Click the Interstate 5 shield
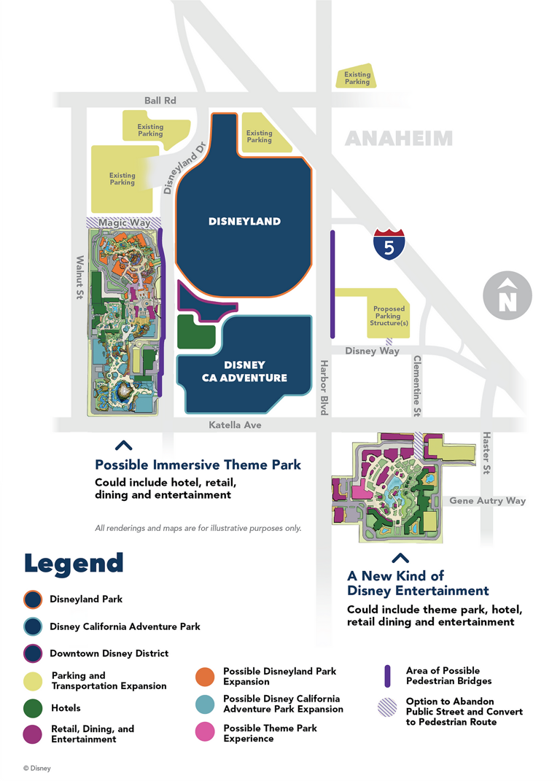click(x=389, y=244)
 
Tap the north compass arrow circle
click(x=507, y=296)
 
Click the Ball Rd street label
click(x=160, y=101)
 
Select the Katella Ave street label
click(x=235, y=424)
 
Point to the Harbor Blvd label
click(x=324, y=387)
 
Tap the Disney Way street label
click(x=372, y=351)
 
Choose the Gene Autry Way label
click(x=487, y=501)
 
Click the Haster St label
click(x=486, y=453)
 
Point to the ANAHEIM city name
click(x=399, y=139)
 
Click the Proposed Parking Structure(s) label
click(x=389, y=316)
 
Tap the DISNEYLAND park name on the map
click(x=245, y=221)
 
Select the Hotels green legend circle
click(x=32, y=708)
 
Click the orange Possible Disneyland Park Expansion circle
click(x=205, y=676)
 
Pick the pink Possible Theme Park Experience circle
click(x=205, y=733)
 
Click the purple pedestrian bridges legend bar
click(x=388, y=676)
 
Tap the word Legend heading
click(x=74, y=562)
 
